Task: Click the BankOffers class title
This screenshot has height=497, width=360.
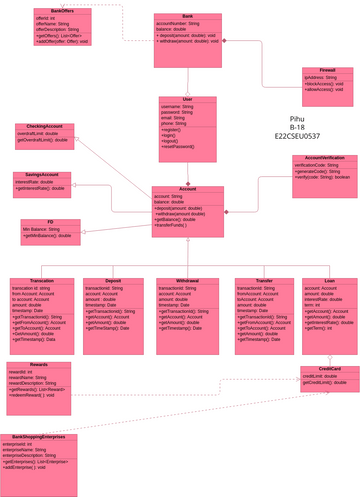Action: click(x=62, y=11)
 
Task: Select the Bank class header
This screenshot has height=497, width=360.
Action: click(x=188, y=18)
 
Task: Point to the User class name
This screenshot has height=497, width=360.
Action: click(x=188, y=100)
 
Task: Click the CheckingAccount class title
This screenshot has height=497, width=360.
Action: click(x=44, y=126)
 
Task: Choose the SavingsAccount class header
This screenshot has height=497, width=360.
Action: click(x=42, y=175)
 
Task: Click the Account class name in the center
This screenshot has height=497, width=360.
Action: click(x=188, y=189)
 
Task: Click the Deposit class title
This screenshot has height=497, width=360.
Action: click(x=113, y=281)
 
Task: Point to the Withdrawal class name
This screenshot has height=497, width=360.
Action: click(x=187, y=281)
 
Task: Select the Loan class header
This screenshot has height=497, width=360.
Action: click(x=330, y=281)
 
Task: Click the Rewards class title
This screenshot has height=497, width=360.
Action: click(x=38, y=365)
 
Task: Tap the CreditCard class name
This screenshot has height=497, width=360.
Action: click(x=329, y=369)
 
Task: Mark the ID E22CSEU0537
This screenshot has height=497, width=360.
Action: click(x=297, y=136)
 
